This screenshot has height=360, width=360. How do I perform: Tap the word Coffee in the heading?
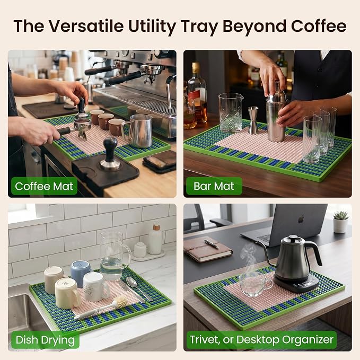coord(319,26)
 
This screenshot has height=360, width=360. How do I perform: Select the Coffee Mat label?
coord(44,186)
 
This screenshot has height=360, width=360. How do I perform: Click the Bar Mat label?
coord(214,186)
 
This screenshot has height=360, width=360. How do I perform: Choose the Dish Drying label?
coord(45,340)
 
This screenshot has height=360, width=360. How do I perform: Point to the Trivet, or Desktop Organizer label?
coord(261,340)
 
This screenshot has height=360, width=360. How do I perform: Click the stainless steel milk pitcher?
coord(138,130)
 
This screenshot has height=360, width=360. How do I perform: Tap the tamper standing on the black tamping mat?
coord(110,154)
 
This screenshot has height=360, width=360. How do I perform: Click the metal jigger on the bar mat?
coord(253,120)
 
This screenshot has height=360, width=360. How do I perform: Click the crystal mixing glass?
coord(230,113)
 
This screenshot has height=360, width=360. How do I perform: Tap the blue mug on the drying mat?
coord(81,273)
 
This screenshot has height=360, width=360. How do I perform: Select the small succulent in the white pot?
coord(341,222)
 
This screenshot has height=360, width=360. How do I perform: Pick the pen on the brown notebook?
coord(212,244)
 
